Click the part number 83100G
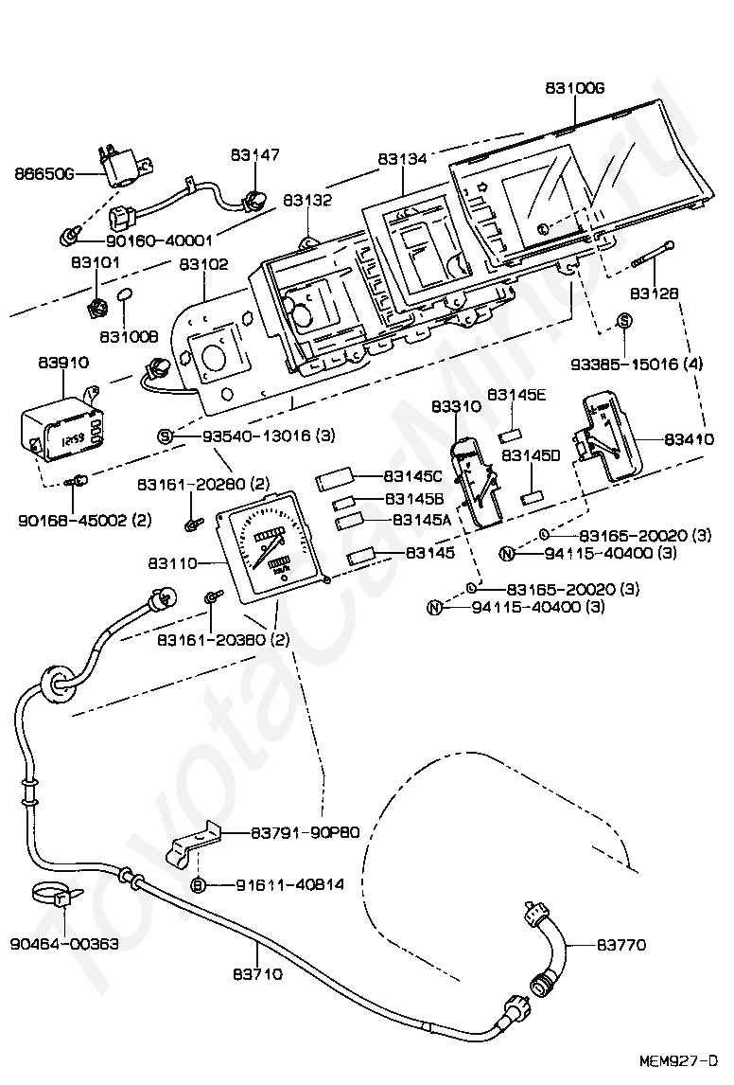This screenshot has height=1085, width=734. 574,88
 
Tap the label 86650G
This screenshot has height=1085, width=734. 44,174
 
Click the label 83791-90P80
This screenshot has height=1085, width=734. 305,832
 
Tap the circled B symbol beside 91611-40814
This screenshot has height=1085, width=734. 199,885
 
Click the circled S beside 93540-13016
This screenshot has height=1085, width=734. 165,436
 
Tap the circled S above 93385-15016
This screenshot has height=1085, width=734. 624,320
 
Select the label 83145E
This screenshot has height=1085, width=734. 516,395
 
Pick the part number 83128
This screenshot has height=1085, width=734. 655,293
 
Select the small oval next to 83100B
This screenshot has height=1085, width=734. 125,295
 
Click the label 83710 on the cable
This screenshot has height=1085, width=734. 258,973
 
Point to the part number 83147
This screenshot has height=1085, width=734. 255,154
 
